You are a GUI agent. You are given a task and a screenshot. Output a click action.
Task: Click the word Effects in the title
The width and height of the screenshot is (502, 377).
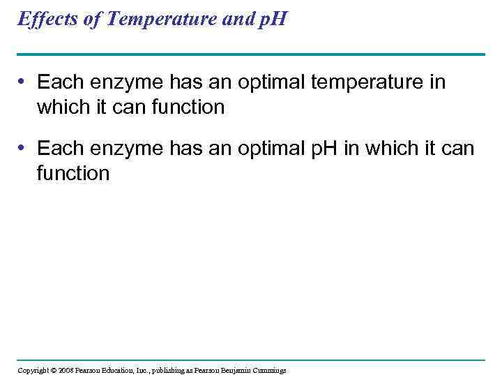coord(47,19)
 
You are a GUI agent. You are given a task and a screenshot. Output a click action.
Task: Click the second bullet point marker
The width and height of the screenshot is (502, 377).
coord(23,149)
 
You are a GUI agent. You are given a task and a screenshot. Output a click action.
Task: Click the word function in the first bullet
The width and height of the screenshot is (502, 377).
coord(188,108)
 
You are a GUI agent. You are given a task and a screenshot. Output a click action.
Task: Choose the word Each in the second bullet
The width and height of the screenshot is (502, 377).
coord(59,149)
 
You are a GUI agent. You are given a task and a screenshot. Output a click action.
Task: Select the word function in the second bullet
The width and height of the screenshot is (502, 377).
coord(73,173)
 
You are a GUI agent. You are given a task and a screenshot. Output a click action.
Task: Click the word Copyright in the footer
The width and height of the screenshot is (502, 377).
coord(33,370)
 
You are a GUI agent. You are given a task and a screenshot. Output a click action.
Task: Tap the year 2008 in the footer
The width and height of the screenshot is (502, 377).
coord(66,370)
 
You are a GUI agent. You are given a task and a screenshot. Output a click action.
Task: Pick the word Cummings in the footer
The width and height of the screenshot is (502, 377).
coord(269,370)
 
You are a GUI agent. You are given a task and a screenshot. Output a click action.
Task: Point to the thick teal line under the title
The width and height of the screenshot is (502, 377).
coord(251,54)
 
